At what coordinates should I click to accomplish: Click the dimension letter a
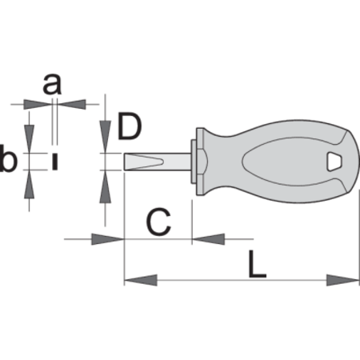(x=52, y=85)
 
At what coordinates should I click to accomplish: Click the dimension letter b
(x=9, y=158)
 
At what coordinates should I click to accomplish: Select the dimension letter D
(x=130, y=126)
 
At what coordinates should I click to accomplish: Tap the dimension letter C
(x=158, y=222)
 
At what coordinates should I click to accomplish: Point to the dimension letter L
(x=257, y=264)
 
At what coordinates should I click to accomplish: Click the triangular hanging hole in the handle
(x=335, y=162)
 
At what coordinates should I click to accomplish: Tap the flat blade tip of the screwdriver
(x=144, y=162)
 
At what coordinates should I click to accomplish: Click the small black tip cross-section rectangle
(x=55, y=162)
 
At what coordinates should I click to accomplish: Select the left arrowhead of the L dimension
(x=141, y=280)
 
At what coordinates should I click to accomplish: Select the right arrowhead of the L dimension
(x=343, y=280)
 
